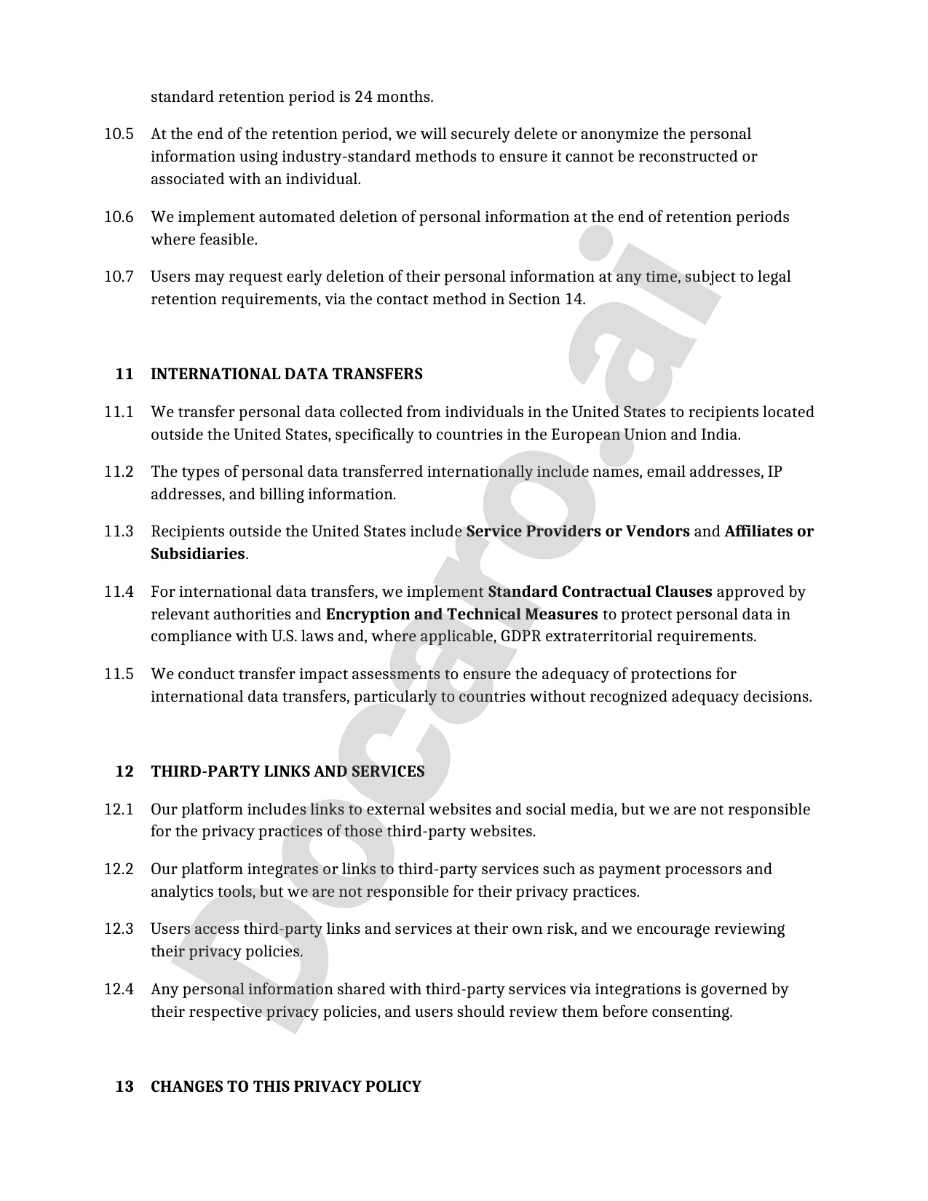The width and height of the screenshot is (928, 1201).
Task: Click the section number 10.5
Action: click(x=119, y=134)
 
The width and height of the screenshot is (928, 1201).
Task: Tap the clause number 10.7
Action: click(x=119, y=277)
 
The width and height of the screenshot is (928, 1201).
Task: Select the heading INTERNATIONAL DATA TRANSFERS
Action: click(x=286, y=374)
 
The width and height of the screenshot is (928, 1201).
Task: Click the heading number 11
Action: click(x=124, y=374)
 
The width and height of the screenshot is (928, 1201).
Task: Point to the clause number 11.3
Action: click(x=119, y=531)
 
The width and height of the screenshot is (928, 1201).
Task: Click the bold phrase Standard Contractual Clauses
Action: click(x=600, y=592)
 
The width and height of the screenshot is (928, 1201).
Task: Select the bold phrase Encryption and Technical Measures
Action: click(x=461, y=614)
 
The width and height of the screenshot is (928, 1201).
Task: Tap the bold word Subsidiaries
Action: click(x=197, y=554)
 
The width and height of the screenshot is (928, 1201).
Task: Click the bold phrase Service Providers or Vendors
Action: click(x=578, y=531)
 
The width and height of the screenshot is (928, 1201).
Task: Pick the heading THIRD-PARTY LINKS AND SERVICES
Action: click(x=287, y=772)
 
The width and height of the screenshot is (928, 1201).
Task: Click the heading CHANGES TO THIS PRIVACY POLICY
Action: click(x=286, y=1087)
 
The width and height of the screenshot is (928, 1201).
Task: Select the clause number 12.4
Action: click(x=119, y=989)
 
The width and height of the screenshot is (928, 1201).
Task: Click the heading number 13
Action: click(x=124, y=1087)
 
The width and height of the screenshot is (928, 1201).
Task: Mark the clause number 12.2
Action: click(x=119, y=869)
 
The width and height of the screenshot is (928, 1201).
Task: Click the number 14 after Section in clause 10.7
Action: click(x=574, y=299)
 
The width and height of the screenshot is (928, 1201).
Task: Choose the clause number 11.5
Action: click(x=119, y=674)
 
